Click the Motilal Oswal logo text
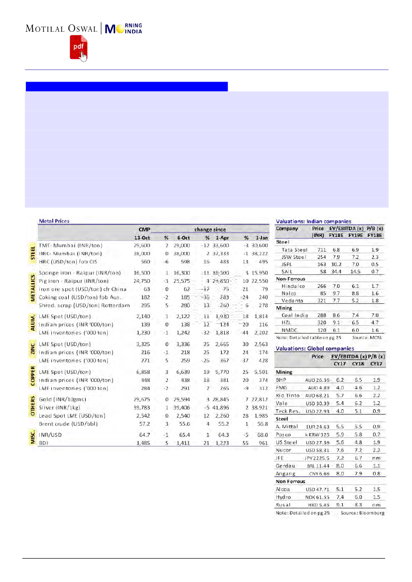click(62, 28)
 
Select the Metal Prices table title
click(54, 221)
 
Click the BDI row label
click(44, 442)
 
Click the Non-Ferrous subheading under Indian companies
click(291, 279)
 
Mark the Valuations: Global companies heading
click(315, 349)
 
